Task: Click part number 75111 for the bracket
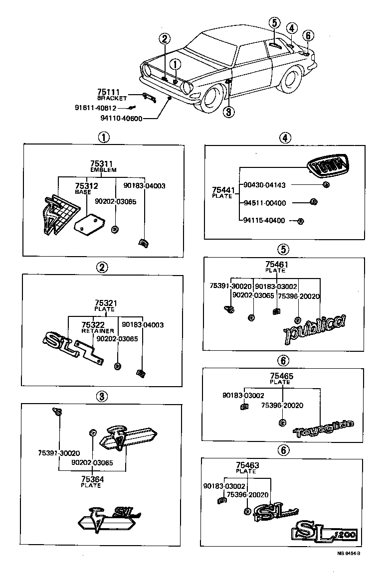(108, 92)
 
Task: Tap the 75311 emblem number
(101, 163)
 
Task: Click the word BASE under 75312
(82, 191)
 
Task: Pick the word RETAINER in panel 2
(98, 331)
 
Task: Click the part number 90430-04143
(264, 185)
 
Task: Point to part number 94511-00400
(264, 203)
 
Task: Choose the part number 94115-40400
(264, 220)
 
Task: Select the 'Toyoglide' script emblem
(324, 427)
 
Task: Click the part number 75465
(280, 376)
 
